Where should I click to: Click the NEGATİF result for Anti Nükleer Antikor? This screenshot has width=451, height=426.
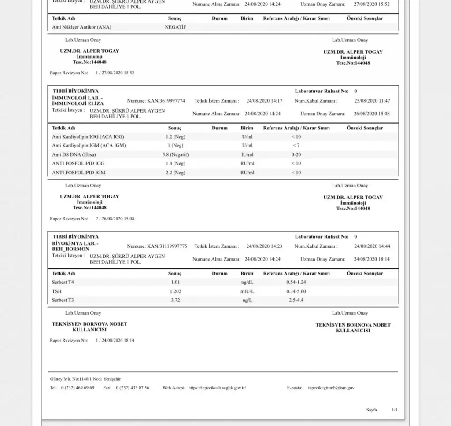tap(175, 27)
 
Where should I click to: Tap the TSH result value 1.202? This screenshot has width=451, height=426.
tap(175, 291)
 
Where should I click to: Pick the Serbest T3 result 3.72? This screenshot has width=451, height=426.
tap(175, 300)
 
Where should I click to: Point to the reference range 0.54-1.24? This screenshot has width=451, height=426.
tap(296, 282)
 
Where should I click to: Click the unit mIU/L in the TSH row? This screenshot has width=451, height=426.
tap(247, 291)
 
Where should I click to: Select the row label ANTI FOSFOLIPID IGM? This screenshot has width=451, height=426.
tap(78, 173)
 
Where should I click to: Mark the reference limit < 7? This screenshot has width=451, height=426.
tap(296, 146)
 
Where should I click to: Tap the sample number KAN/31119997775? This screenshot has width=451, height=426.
tap(167, 246)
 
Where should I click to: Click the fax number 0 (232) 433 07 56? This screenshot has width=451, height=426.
tap(133, 388)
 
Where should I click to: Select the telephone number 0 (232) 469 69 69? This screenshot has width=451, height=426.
tap(78, 388)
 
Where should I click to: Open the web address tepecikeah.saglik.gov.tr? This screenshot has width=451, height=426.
tap(217, 388)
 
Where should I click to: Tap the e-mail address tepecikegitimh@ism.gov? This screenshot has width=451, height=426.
tap(331, 388)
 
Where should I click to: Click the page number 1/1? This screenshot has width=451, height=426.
tap(395, 410)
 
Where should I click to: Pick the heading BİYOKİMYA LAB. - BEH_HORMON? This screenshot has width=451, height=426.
tap(75, 246)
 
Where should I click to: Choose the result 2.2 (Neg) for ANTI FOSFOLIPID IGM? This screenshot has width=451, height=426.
tap(175, 173)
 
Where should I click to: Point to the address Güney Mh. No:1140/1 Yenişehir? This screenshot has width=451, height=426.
tap(85, 379)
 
